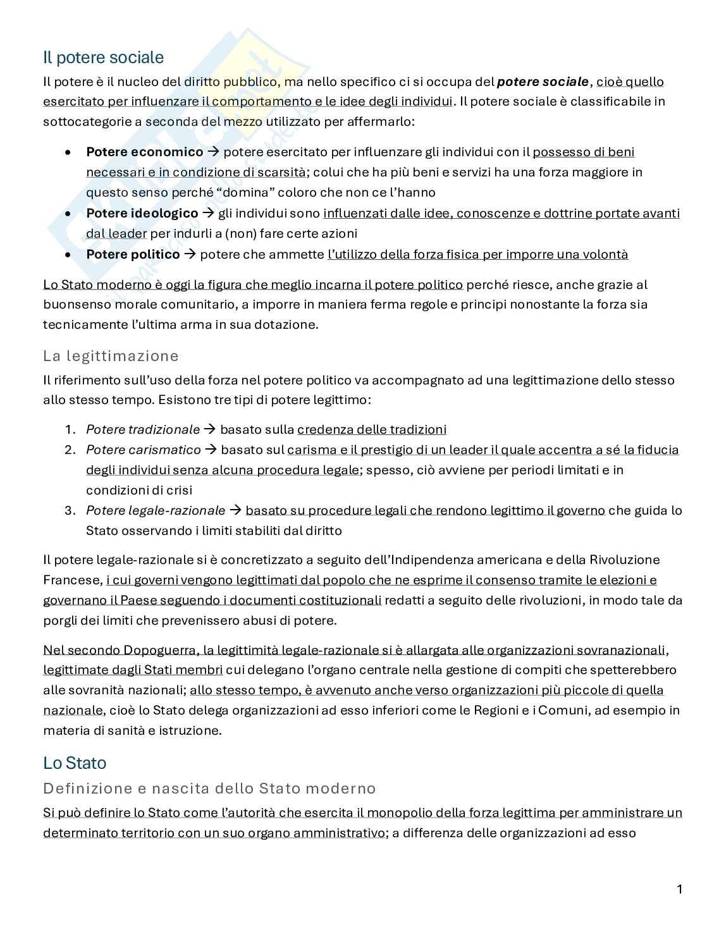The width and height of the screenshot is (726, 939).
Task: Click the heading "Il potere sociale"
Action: point(103,58)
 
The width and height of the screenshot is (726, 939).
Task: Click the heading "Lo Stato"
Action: point(75,763)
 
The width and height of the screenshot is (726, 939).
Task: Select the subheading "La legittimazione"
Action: point(111,356)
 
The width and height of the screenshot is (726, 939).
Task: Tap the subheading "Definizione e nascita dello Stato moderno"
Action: point(209,789)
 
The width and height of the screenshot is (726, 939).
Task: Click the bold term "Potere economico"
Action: point(145,152)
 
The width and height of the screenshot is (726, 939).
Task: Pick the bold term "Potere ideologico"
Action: point(142,213)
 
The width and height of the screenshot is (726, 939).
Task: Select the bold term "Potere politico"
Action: point(133,254)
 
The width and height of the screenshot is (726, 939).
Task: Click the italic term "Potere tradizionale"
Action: point(143,429)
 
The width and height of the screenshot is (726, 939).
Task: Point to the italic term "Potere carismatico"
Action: point(144,450)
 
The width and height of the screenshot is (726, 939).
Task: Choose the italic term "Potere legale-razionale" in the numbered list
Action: point(156,510)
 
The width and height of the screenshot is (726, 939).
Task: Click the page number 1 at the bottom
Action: point(680,890)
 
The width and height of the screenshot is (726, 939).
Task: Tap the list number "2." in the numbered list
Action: point(70,450)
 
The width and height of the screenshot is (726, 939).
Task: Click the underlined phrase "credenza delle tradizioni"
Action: point(372,429)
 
